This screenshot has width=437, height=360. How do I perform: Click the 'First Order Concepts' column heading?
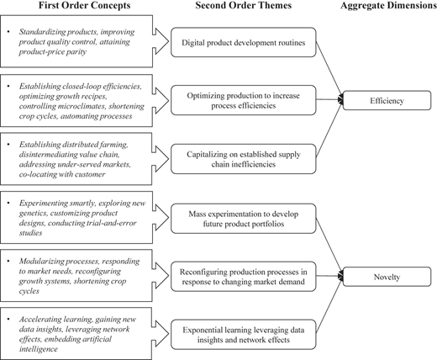coord(84,5)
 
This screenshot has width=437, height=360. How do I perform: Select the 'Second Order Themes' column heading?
coord(244,5)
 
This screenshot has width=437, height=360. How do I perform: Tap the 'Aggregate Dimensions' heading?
coord(388,5)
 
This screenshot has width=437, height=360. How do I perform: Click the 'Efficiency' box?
coord(387,100)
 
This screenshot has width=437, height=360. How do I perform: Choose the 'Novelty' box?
coord(387,277)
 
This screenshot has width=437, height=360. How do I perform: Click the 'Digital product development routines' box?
coord(244,42)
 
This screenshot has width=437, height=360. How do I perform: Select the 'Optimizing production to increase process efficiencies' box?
coord(244,100)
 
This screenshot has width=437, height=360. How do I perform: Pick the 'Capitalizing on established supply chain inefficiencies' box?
coord(244,159)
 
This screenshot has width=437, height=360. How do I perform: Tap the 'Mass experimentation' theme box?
coord(244,219)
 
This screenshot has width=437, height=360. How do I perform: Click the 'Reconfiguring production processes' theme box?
coord(244,277)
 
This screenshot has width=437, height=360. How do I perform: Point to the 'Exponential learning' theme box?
coord(244,335)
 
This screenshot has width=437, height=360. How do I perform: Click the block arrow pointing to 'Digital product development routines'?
coord(161,41)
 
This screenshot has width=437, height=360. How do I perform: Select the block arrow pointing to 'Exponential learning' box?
coord(161,334)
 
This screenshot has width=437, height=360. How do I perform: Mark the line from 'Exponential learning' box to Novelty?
coord(329,304)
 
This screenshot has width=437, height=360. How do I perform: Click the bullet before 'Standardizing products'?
coord(8,32)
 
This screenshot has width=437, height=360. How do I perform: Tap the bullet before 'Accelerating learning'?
coord(8,319)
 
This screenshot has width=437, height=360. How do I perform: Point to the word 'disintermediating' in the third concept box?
coord(46,155)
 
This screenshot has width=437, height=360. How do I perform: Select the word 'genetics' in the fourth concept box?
coord(34,213)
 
